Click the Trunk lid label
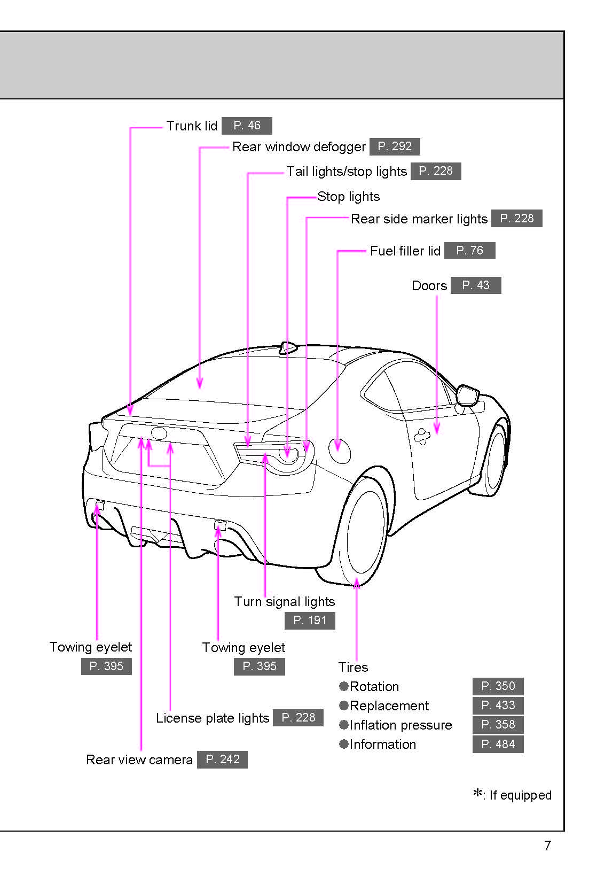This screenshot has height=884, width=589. pos(191,126)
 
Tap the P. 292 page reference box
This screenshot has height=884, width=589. pos(394,146)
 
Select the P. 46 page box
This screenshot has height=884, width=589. pos(247,126)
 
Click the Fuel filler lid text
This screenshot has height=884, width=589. pos(405,251)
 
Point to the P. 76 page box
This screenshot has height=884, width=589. pos(469,251)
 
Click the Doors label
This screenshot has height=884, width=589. pos(429,285)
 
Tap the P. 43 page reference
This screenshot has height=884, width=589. pos(475,285)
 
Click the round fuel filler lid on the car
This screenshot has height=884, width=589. pos(339,451)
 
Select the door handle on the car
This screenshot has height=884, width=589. pos(422,437)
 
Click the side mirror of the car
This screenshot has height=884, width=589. pos(468,395)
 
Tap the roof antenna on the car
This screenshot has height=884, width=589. pos(287,348)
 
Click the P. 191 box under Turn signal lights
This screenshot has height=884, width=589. pos(310,621)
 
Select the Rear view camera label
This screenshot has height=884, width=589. pos(139,759)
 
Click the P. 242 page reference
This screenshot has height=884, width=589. pos(222,759)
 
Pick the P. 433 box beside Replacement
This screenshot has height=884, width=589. pos(498,705)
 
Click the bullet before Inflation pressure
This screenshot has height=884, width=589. pos(344,725)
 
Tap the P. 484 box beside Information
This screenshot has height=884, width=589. pos(498,744)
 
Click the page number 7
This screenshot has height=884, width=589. pos(547,846)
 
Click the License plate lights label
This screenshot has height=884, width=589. pos(212,718)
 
